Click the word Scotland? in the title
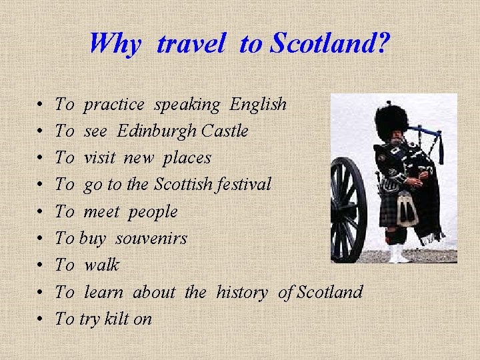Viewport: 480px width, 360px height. (x=330, y=44)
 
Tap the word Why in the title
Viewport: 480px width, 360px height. (x=115, y=45)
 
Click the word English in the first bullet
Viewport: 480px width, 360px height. (x=258, y=105)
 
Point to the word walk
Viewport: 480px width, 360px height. (x=101, y=265)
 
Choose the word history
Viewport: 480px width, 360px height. (x=242, y=292)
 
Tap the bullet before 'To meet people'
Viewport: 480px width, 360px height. (x=41, y=213)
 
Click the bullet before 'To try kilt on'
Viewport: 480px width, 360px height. (x=41, y=319)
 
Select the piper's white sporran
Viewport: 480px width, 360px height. (x=407, y=211)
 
